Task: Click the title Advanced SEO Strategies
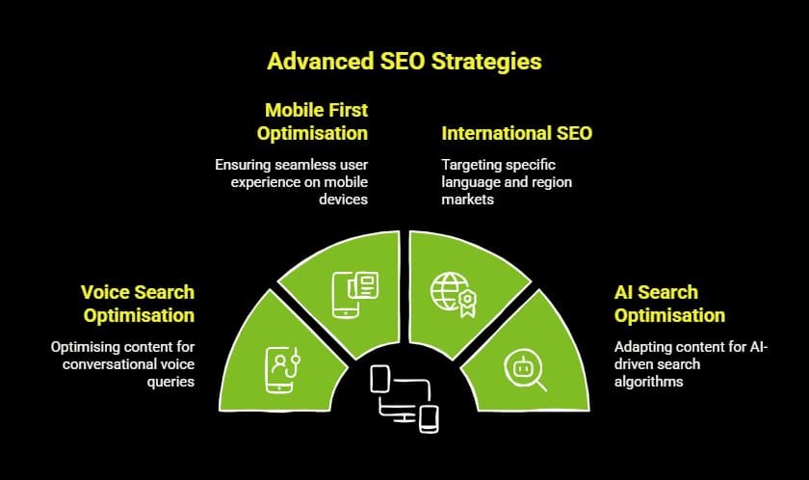click(404, 61)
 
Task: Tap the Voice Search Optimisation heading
click(138, 304)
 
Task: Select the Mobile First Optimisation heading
click(312, 121)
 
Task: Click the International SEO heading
click(516, 133)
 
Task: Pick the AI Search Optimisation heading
click(669, 304)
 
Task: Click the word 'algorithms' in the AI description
click(650, 381)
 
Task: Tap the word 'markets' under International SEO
click(466, 200)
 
